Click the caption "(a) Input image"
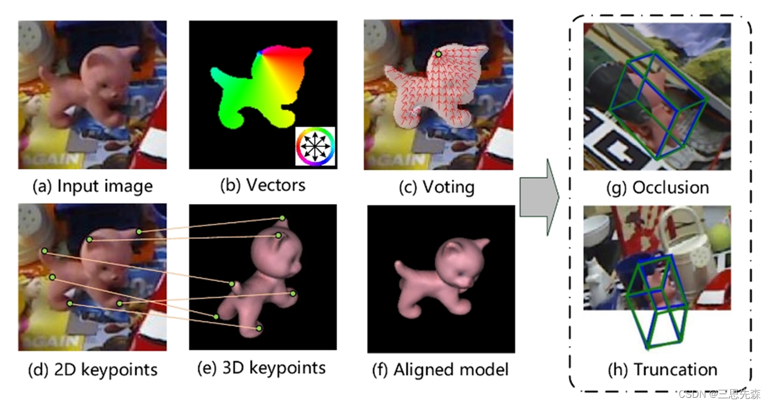tap(92, 185)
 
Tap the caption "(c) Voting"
tap(437, 187)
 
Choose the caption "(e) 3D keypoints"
tap(261, 367)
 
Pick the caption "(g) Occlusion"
tap(658, 187)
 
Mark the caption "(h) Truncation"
tap(658, 368)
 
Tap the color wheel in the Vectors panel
tap(315, 146)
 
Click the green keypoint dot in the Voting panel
tap(439, 54)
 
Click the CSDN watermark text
tap(718, 394)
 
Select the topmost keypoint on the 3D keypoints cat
tap(282, 218)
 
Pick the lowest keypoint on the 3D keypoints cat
tap(259, 329)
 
